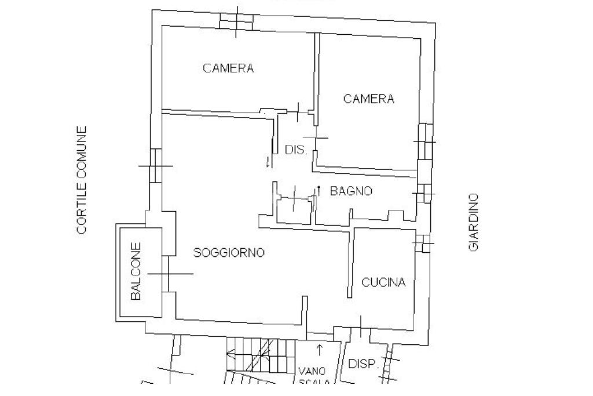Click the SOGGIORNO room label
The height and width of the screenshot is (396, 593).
pyautogui.click(x=229, y=253)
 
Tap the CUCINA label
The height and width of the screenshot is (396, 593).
pyautogui.click(x=383, y=282)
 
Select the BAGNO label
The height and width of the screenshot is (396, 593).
pyautogui.click(x=351, y=191)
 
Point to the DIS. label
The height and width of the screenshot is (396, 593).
pyautogui.click(x=295, y=150)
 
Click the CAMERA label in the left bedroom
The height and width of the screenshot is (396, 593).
pyautogui.click(x=228, y=68)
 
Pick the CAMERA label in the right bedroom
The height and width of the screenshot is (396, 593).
pyautogui.click(x=369, y=99)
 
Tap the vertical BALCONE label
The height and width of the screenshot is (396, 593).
pyautogui.click(x=136, y=271)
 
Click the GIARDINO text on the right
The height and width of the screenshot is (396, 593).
pyautogui.click(x=474, y=222)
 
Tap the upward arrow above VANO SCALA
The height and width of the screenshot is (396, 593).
pyautogui.click(x=319, y=350)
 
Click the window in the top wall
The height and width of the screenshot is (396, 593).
pyautogui.click(x=237, y=20)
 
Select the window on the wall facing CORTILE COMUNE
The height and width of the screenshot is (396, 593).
pyautogui.click(x=155, y=165)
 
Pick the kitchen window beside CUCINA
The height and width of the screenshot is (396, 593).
pyautogui.click(x=423, y=243)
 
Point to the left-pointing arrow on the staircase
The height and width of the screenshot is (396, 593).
pyautogui.click(x=230, y=352)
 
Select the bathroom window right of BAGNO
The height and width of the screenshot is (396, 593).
pyautogui.click(x=424, y=193)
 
